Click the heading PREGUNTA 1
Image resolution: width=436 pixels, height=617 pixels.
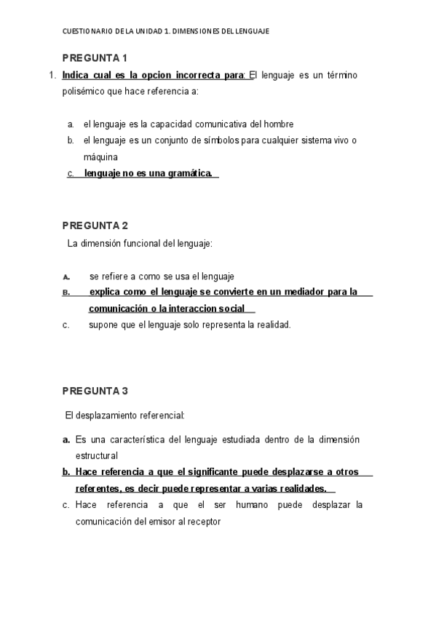click(x=95, y=57)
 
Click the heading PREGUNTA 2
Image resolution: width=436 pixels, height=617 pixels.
click(x=95, y=225)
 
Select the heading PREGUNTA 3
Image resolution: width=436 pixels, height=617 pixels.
click(x=95, y=391)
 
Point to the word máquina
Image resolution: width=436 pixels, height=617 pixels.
click(x=100, y=156)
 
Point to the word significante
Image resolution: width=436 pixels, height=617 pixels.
click(x=198, y=472)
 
